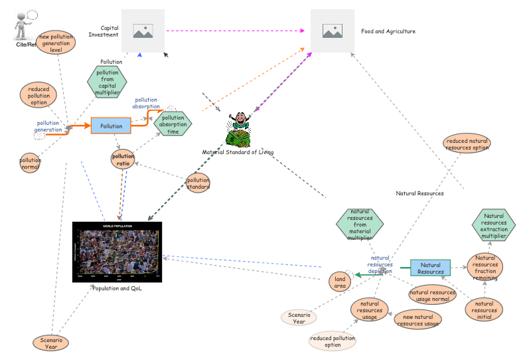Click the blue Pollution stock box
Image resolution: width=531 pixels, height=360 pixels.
click(x=112, y=126)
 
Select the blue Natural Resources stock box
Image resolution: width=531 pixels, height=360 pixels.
click(x=430, y=268)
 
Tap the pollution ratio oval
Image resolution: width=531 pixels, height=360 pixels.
click(x=123, y=159)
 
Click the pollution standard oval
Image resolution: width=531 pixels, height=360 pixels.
click(x=198, y=183)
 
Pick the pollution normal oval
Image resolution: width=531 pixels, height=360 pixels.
click(x=30, y=163)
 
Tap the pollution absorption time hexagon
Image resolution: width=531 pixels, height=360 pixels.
click(x=173, y=123)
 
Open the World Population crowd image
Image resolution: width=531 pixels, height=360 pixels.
click(x=117, y=252)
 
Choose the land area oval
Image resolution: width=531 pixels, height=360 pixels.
click(x=340, y=282)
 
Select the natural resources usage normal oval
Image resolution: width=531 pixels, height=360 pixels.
click(x=433, y=296)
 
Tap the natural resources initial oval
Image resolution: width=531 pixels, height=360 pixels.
click(x=485, y=310)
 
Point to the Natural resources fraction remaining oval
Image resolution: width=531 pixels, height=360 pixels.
click(x=485, y=268)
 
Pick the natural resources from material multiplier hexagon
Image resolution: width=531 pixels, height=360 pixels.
click(x=360, y=225)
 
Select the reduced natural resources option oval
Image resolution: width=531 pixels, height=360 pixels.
click(x=467, y=143)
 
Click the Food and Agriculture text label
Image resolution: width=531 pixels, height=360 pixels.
click(x=388, y=31)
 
